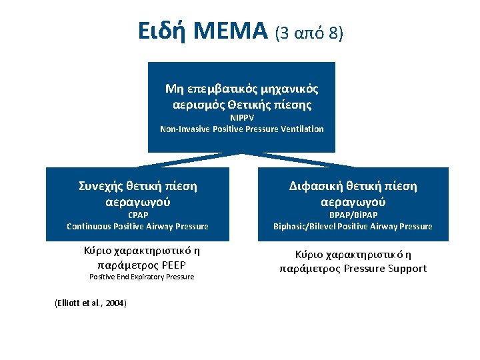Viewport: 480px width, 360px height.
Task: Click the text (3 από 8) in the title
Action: tap(308, 31)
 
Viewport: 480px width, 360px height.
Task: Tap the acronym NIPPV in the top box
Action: tap(242, 118)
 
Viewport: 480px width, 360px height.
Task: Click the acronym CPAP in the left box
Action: tap(137, 215)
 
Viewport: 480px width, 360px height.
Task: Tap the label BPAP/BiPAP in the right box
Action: tap(353, 215)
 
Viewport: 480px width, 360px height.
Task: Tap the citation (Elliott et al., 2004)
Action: tap(90, 303)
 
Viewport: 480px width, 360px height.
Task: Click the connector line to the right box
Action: tap(298, 159)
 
